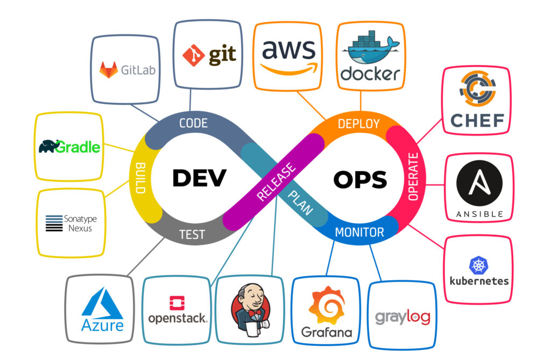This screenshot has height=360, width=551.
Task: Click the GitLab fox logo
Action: [109, 69]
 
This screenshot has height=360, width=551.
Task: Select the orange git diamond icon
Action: [193, 54]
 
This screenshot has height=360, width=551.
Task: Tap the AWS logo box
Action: [288, 55]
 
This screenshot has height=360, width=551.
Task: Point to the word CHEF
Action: [477, 120]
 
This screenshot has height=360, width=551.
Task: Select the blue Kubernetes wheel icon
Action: [477, 265]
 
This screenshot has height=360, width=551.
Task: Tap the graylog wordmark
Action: [402, 316]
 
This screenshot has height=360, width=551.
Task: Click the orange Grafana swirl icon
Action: [326, 305]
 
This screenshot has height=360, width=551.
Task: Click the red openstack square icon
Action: [177, 303]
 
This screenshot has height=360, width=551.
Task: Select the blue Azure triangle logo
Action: [102, 304]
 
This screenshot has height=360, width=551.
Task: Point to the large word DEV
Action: [199, 178]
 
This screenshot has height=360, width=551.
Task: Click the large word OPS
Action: [360, 179]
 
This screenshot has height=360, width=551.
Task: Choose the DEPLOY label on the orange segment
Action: [358, 124]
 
